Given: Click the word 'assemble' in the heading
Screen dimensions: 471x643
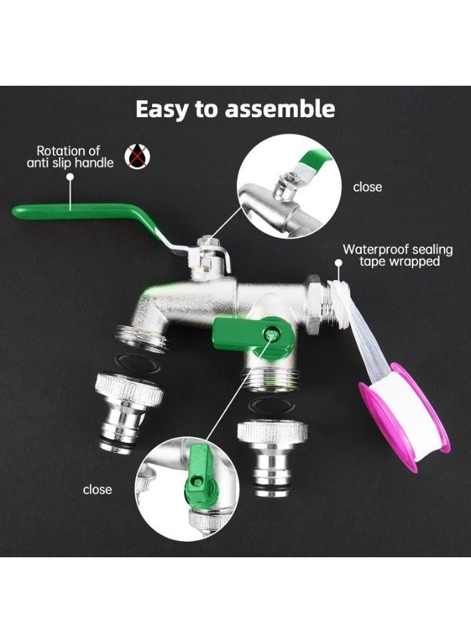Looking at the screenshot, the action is tap(280, 109).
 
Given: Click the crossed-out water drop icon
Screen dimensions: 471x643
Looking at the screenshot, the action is tap(137, 156).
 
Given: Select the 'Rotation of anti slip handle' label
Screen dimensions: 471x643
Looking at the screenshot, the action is tap(70, 156).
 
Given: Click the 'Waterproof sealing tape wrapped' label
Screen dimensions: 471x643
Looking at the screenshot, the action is tap(397, 255).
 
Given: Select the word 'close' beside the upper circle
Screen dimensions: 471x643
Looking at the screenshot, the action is tap(368, 187).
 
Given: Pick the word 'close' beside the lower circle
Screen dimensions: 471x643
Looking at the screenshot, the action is tap(97, 489).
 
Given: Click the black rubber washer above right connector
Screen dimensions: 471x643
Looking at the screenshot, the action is tap(272, 406).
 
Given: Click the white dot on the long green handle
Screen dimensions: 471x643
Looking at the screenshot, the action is tap(71, 176).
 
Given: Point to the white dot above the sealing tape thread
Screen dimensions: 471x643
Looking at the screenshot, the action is tap(338, 263).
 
